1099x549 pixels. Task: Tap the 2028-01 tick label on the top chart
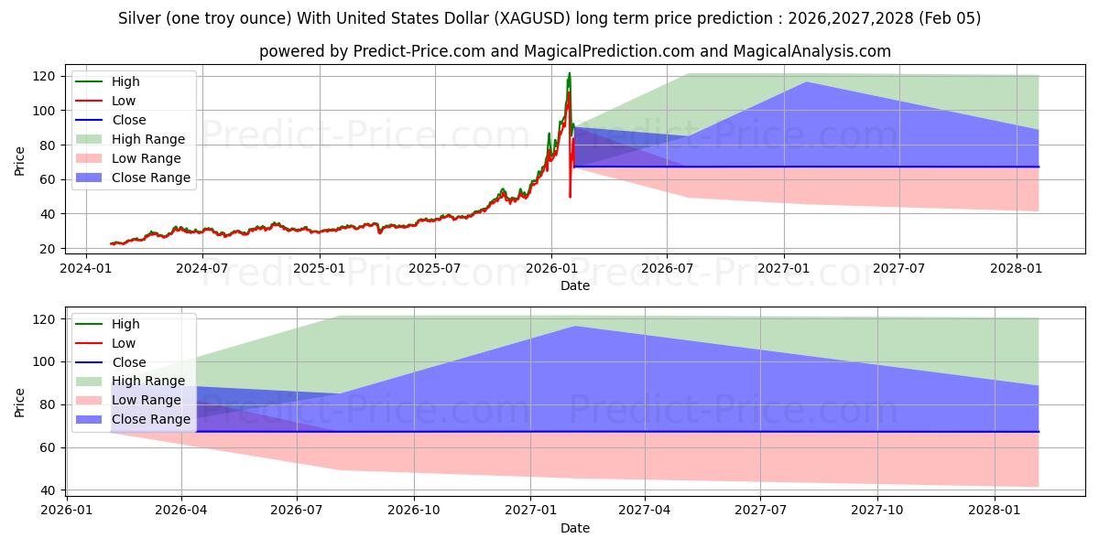pos(1017,269)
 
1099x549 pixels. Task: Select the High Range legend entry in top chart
pos(148,139)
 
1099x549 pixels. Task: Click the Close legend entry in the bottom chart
pos(129,362)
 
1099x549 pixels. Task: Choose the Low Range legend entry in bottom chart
pos(147,401)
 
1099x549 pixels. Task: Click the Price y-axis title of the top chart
pos(20,162)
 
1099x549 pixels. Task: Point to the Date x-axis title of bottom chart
pos(574,528)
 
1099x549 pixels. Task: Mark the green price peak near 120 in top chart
pos(569,73)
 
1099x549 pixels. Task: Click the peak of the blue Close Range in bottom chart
pos(574,327)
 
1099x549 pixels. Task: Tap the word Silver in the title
pos(139,18)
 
